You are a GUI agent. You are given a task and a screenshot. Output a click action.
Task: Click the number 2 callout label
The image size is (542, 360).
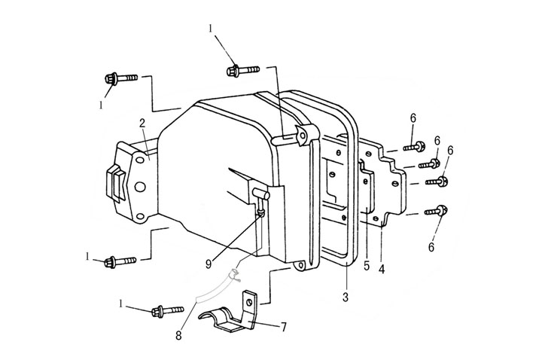point(142,122)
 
